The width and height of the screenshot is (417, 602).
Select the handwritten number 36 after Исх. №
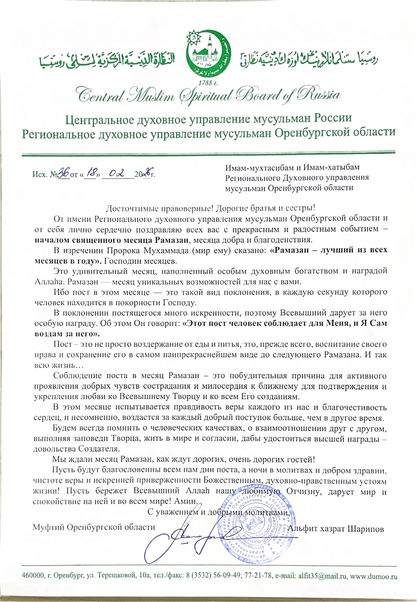click(x=63, y=173)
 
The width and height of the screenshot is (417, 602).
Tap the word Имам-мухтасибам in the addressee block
click(x=259, y=167)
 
